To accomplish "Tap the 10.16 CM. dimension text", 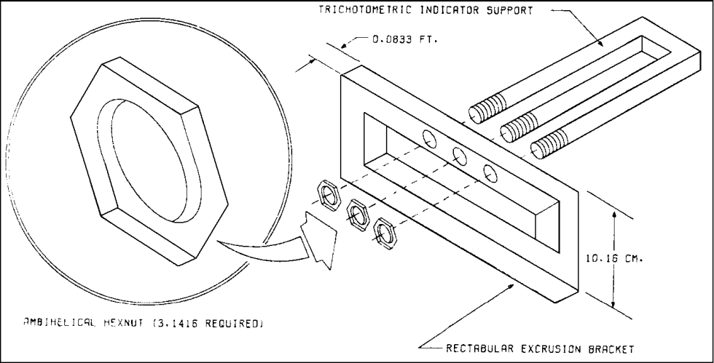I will (x=611, y=257).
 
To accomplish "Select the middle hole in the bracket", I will (x=460, y=154).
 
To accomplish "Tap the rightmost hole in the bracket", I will (x=489, y=172).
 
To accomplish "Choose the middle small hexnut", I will (x=357, y=213).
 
